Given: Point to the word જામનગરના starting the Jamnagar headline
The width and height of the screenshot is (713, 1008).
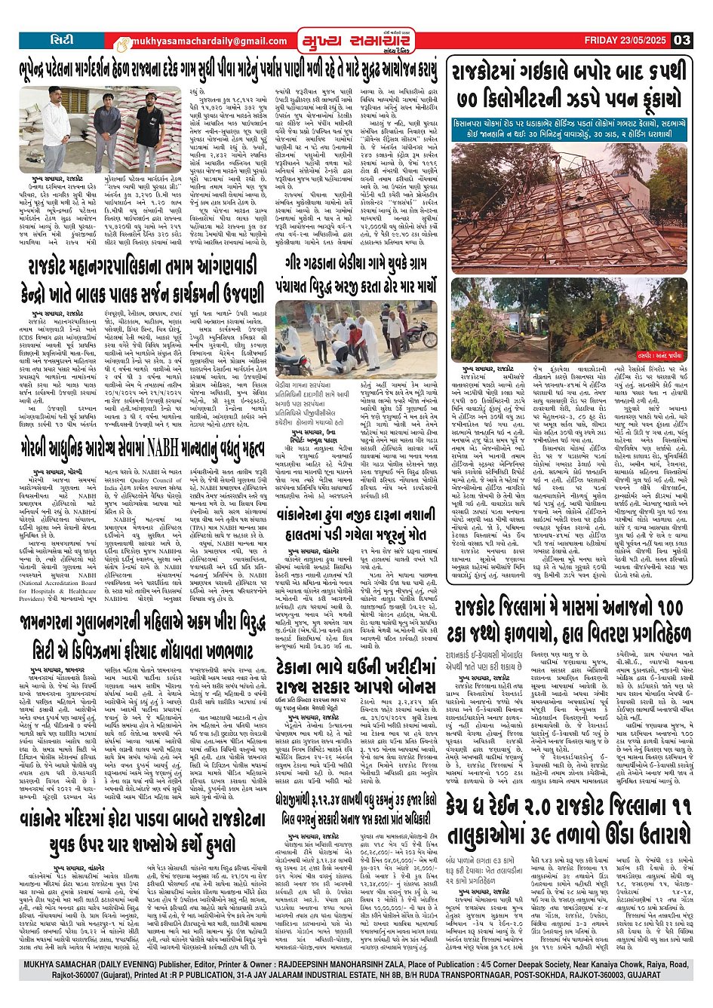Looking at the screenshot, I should pyautogui.click(x=61, y=625).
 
